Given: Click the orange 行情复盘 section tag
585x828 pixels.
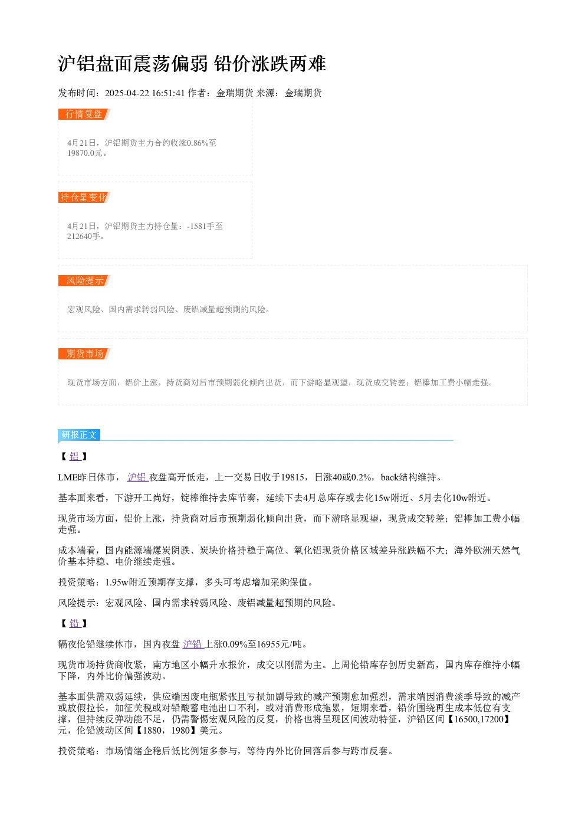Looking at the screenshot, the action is (x=84, y=114).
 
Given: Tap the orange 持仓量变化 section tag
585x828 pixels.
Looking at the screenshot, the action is (x=84, y=197).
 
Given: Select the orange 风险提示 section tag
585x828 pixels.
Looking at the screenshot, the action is (x=84, y=280).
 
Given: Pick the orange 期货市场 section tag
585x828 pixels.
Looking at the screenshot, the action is (x=84, y=354).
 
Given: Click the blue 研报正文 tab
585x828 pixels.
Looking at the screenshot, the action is (x=79, y=435).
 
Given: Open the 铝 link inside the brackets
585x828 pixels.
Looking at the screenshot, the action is (x=75, y=457).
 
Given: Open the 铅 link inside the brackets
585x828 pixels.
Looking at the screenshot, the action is (x=75, y=624).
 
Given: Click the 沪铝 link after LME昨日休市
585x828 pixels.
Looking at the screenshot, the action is (x=137, y=477).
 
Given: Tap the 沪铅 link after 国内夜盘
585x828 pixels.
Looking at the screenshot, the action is (x=193, y=644).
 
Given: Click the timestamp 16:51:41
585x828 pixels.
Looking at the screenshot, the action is (x=168, y=93).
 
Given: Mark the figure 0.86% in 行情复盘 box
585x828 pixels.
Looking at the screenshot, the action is (x=198, y=143).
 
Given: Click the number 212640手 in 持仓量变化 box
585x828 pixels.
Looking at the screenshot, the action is (x=84, y=236).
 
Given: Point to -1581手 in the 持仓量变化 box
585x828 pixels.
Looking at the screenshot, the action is (x=201, y=226).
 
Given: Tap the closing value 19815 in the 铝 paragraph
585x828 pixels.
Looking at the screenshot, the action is (x=293, y=477).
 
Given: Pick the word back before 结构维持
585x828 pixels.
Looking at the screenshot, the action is (x=390, y=477).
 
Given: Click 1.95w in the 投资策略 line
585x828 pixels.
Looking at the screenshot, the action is (x=117, y=582).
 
